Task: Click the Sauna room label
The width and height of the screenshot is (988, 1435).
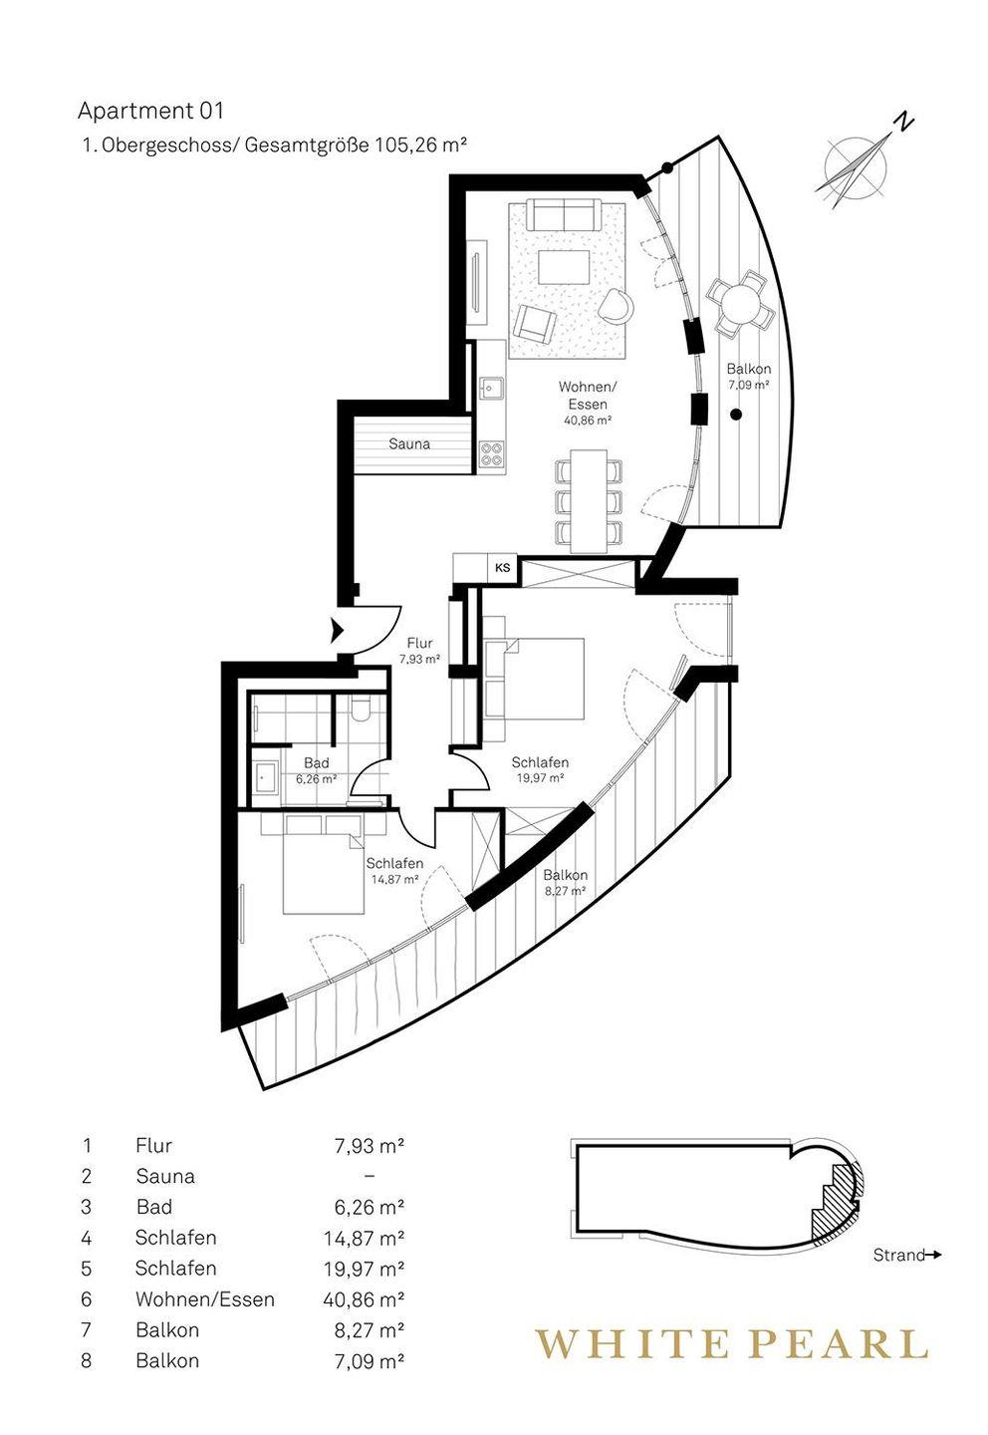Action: click(409, 443)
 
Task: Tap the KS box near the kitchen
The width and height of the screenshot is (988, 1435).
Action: click(503, 567)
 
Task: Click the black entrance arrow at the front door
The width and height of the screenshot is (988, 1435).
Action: click(335, 630)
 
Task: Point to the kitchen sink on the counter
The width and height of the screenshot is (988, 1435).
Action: click(491, 387)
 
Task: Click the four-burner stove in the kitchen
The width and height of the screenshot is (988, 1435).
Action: click(491, 453)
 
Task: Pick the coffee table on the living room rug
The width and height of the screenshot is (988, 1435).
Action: click(563, 268)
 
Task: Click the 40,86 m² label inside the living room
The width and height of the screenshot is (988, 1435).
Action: click(588, 421)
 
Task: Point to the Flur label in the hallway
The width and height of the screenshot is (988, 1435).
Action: click(419, 643)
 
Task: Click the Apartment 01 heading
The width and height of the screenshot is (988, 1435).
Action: click(150, 111)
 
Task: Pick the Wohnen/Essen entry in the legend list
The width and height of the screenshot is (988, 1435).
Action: click(204, 1299)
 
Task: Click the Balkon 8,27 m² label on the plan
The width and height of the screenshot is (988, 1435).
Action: click(565, 882)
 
